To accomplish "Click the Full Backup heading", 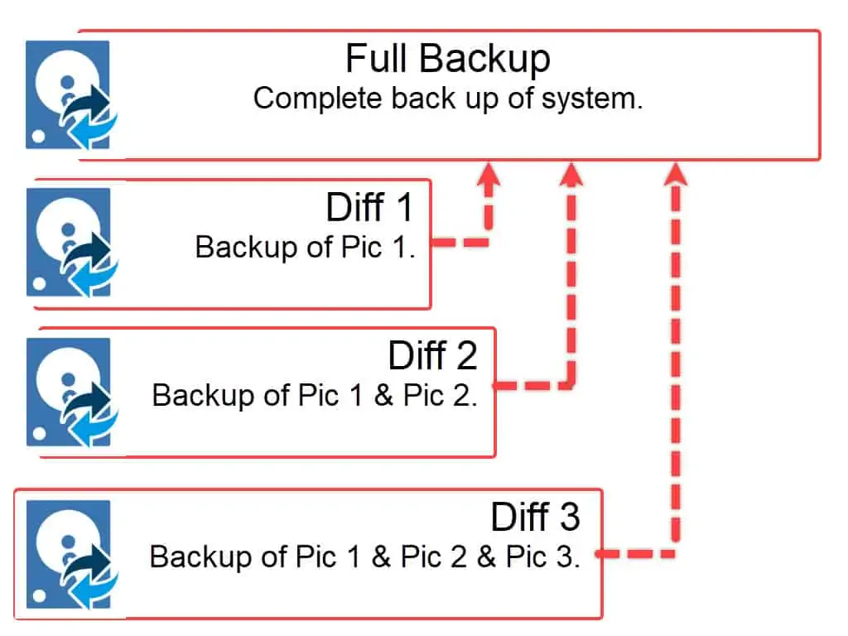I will (447, 60).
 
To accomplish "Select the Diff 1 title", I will (369, 207).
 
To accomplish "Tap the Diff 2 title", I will (433, 355).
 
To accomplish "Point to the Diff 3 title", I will (536, 518).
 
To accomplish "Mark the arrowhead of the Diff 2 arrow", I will (571, 174).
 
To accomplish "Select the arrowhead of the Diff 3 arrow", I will (677, 174).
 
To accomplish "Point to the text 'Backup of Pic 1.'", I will (305, 247).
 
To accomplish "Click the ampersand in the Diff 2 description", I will (383, 395).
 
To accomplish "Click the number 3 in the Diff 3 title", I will (569, 518).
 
